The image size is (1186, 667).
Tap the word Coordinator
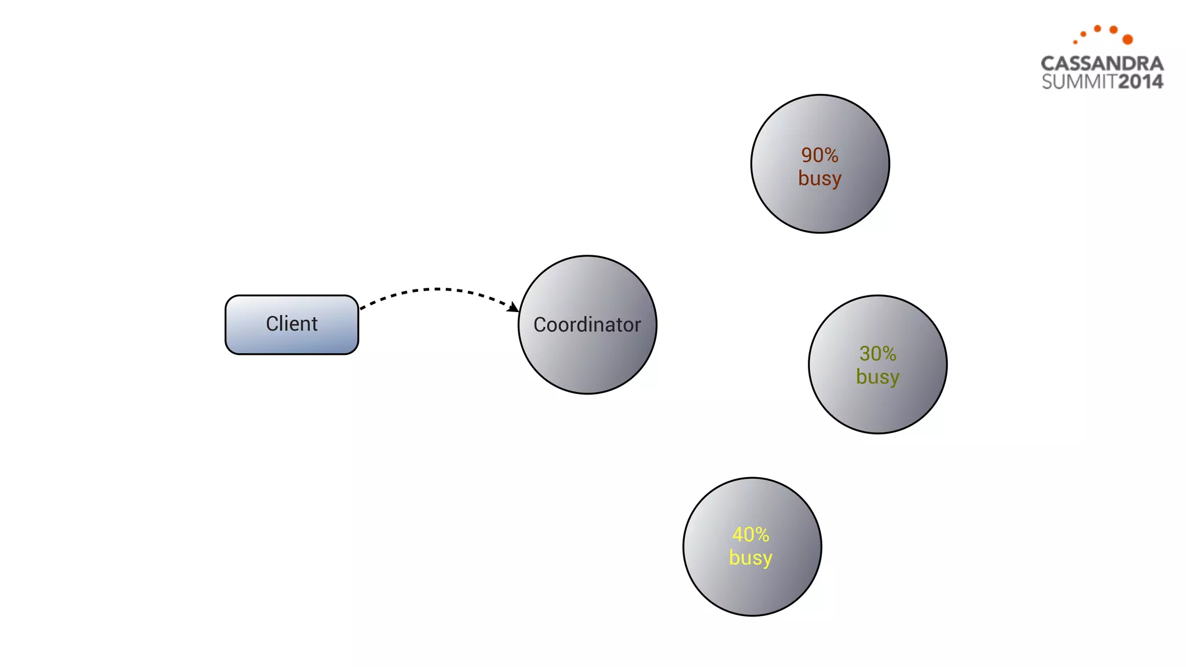click(587, 325)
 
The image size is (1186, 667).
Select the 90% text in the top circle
click(819, 155)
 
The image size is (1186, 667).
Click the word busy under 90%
click(819, 178)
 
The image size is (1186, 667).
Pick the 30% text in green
click(877, 353)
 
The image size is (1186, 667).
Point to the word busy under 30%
click(877, 377)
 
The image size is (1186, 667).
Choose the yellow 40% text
click(751, 534)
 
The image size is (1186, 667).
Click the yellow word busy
click(751, 558)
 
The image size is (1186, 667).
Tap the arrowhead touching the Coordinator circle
click(513, 307)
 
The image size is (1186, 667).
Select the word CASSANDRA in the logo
click(1102, 63)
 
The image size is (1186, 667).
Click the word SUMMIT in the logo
click(1079, 82)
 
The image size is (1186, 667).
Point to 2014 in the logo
click(1140, 82)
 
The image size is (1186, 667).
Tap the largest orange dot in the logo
click(1128, 39)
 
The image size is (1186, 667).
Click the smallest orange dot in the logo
click(1075, 42)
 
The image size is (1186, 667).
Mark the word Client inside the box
click(291, 324)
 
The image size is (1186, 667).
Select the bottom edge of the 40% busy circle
click(752, 615)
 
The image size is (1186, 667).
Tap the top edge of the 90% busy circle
click(820, 96)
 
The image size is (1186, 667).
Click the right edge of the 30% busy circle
click(946, 364)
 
